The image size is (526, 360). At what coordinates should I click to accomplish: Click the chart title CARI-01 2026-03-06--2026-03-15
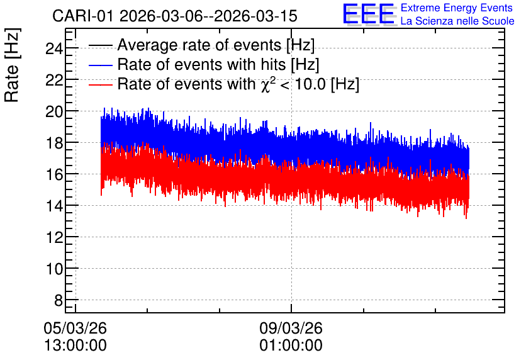pos(175,16)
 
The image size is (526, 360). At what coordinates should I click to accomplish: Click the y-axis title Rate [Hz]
pos(13,65)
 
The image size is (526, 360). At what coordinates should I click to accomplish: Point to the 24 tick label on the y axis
pos(54,49)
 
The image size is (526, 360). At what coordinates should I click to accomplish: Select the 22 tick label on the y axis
pos(54,81)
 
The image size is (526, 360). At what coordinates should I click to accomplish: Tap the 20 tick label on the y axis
pos(54,112)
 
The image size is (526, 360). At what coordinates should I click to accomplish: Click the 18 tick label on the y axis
pos(54,143)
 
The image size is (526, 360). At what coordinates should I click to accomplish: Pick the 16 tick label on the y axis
pos(54,175)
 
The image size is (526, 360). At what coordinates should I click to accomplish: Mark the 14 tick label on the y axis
pos(54,206)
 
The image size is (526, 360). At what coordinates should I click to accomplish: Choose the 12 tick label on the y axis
pos(54,237)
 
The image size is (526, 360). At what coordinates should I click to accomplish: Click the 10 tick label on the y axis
pos(54,269)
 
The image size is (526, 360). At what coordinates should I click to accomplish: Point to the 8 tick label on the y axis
pos(59,301)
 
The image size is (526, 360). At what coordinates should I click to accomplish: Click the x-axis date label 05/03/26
pos(75,328)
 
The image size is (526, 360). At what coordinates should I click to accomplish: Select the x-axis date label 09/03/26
pos(291,328)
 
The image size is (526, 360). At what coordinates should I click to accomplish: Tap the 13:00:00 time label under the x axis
pos(76,346)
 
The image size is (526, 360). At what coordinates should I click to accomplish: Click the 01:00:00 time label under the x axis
pos(291,346)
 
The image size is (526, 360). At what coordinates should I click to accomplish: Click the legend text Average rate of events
pos(199,45)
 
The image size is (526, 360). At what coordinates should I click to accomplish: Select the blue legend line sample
pos(100,65)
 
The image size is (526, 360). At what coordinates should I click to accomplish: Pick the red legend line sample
pos(100,84)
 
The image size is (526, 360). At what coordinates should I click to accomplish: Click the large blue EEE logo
pos(369,14)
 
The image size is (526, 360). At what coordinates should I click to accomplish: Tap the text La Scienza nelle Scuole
pos(457,21)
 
